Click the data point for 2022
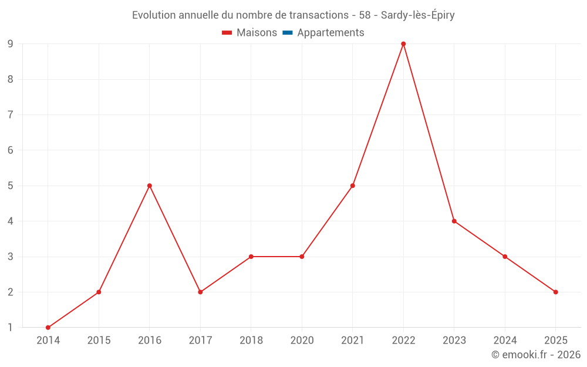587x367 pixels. pos(403,44)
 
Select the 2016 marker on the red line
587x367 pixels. pos(150,186)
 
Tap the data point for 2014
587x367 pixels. pos(48,328)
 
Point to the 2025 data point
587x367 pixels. pos(555,292)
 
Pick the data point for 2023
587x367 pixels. pos(454,221)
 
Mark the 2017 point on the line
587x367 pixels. pos(200,292)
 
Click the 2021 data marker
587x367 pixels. pos(353,186)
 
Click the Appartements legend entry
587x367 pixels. pos(330,33)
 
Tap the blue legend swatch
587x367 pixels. pos(288,33)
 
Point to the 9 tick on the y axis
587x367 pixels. pos(11,44)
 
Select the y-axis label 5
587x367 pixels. pos(11,186)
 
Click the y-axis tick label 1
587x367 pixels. pos(11,328)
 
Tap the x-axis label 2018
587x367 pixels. pos(251,341)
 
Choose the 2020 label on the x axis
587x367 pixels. pos(302,341)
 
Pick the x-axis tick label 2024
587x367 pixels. pos(505,341)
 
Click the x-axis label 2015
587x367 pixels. pos(99,341)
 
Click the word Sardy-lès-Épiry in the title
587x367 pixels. pos(418,15)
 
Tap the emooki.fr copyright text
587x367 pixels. pos(536,355)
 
